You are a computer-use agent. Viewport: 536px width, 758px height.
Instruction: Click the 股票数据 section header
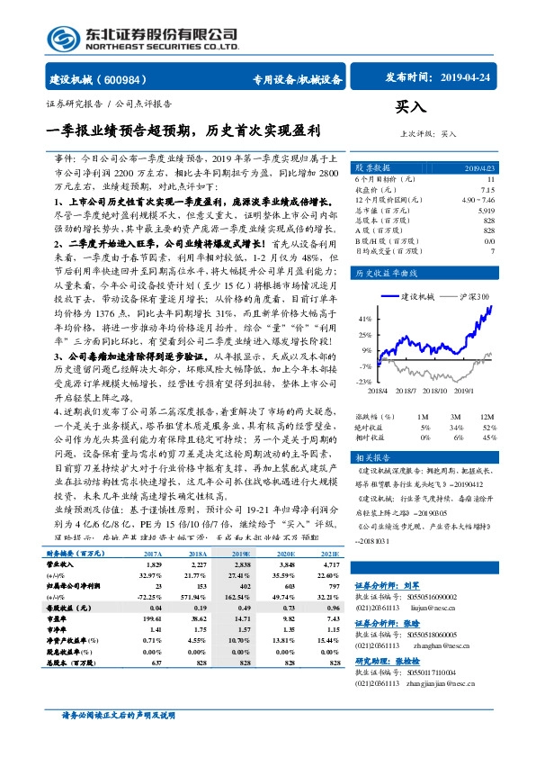click(371, 168)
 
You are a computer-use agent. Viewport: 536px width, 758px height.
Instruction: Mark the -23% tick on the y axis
click(363, 383)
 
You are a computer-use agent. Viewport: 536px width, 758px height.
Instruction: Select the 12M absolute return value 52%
click(489, 426)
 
